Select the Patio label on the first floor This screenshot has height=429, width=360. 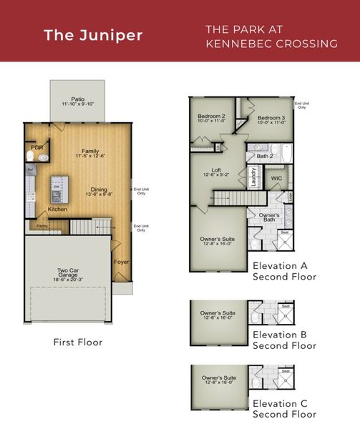[x=78, y=99]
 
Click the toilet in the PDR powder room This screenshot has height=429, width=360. [x=31, y=155]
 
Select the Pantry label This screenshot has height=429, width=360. [x=42, y=225]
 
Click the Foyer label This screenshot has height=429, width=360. [x=121, y=262]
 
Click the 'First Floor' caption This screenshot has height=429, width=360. [x=78, y=342]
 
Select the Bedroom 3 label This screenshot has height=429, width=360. [x=272, y=117]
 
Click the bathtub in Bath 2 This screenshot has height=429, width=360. [x=285, y=154]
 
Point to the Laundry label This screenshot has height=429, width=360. [x=254, y=176]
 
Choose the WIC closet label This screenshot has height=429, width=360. [x=276, y=178]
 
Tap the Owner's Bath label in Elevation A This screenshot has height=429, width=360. [x=269, y=218]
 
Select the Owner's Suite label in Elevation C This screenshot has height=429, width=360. [x=219, y=377]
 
